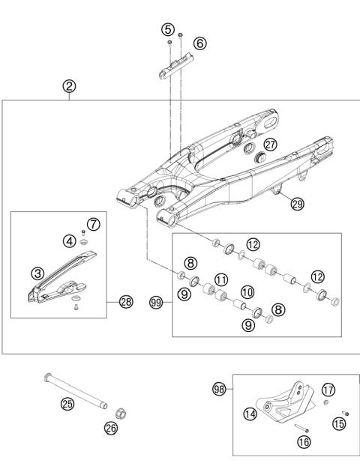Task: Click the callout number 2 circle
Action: click(x=68, y=86)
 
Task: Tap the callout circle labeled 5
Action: click(x=167, y=30)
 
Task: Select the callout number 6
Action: click(x=199, y=43)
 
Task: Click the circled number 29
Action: click(x=297, y=204)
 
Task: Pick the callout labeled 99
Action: click(x=156, y=303)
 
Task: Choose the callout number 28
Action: click(x=125, y=302)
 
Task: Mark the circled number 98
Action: click(x=220, y=388)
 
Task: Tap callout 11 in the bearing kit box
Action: click(x=221, y=279)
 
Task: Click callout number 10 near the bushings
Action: click(x=247, y=290)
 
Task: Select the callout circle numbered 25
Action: click(x=67, y=405)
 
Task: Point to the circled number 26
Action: click(x=112, y=429)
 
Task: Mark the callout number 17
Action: click(x=328, y=390)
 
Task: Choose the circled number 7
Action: click(x=93, y=224)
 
